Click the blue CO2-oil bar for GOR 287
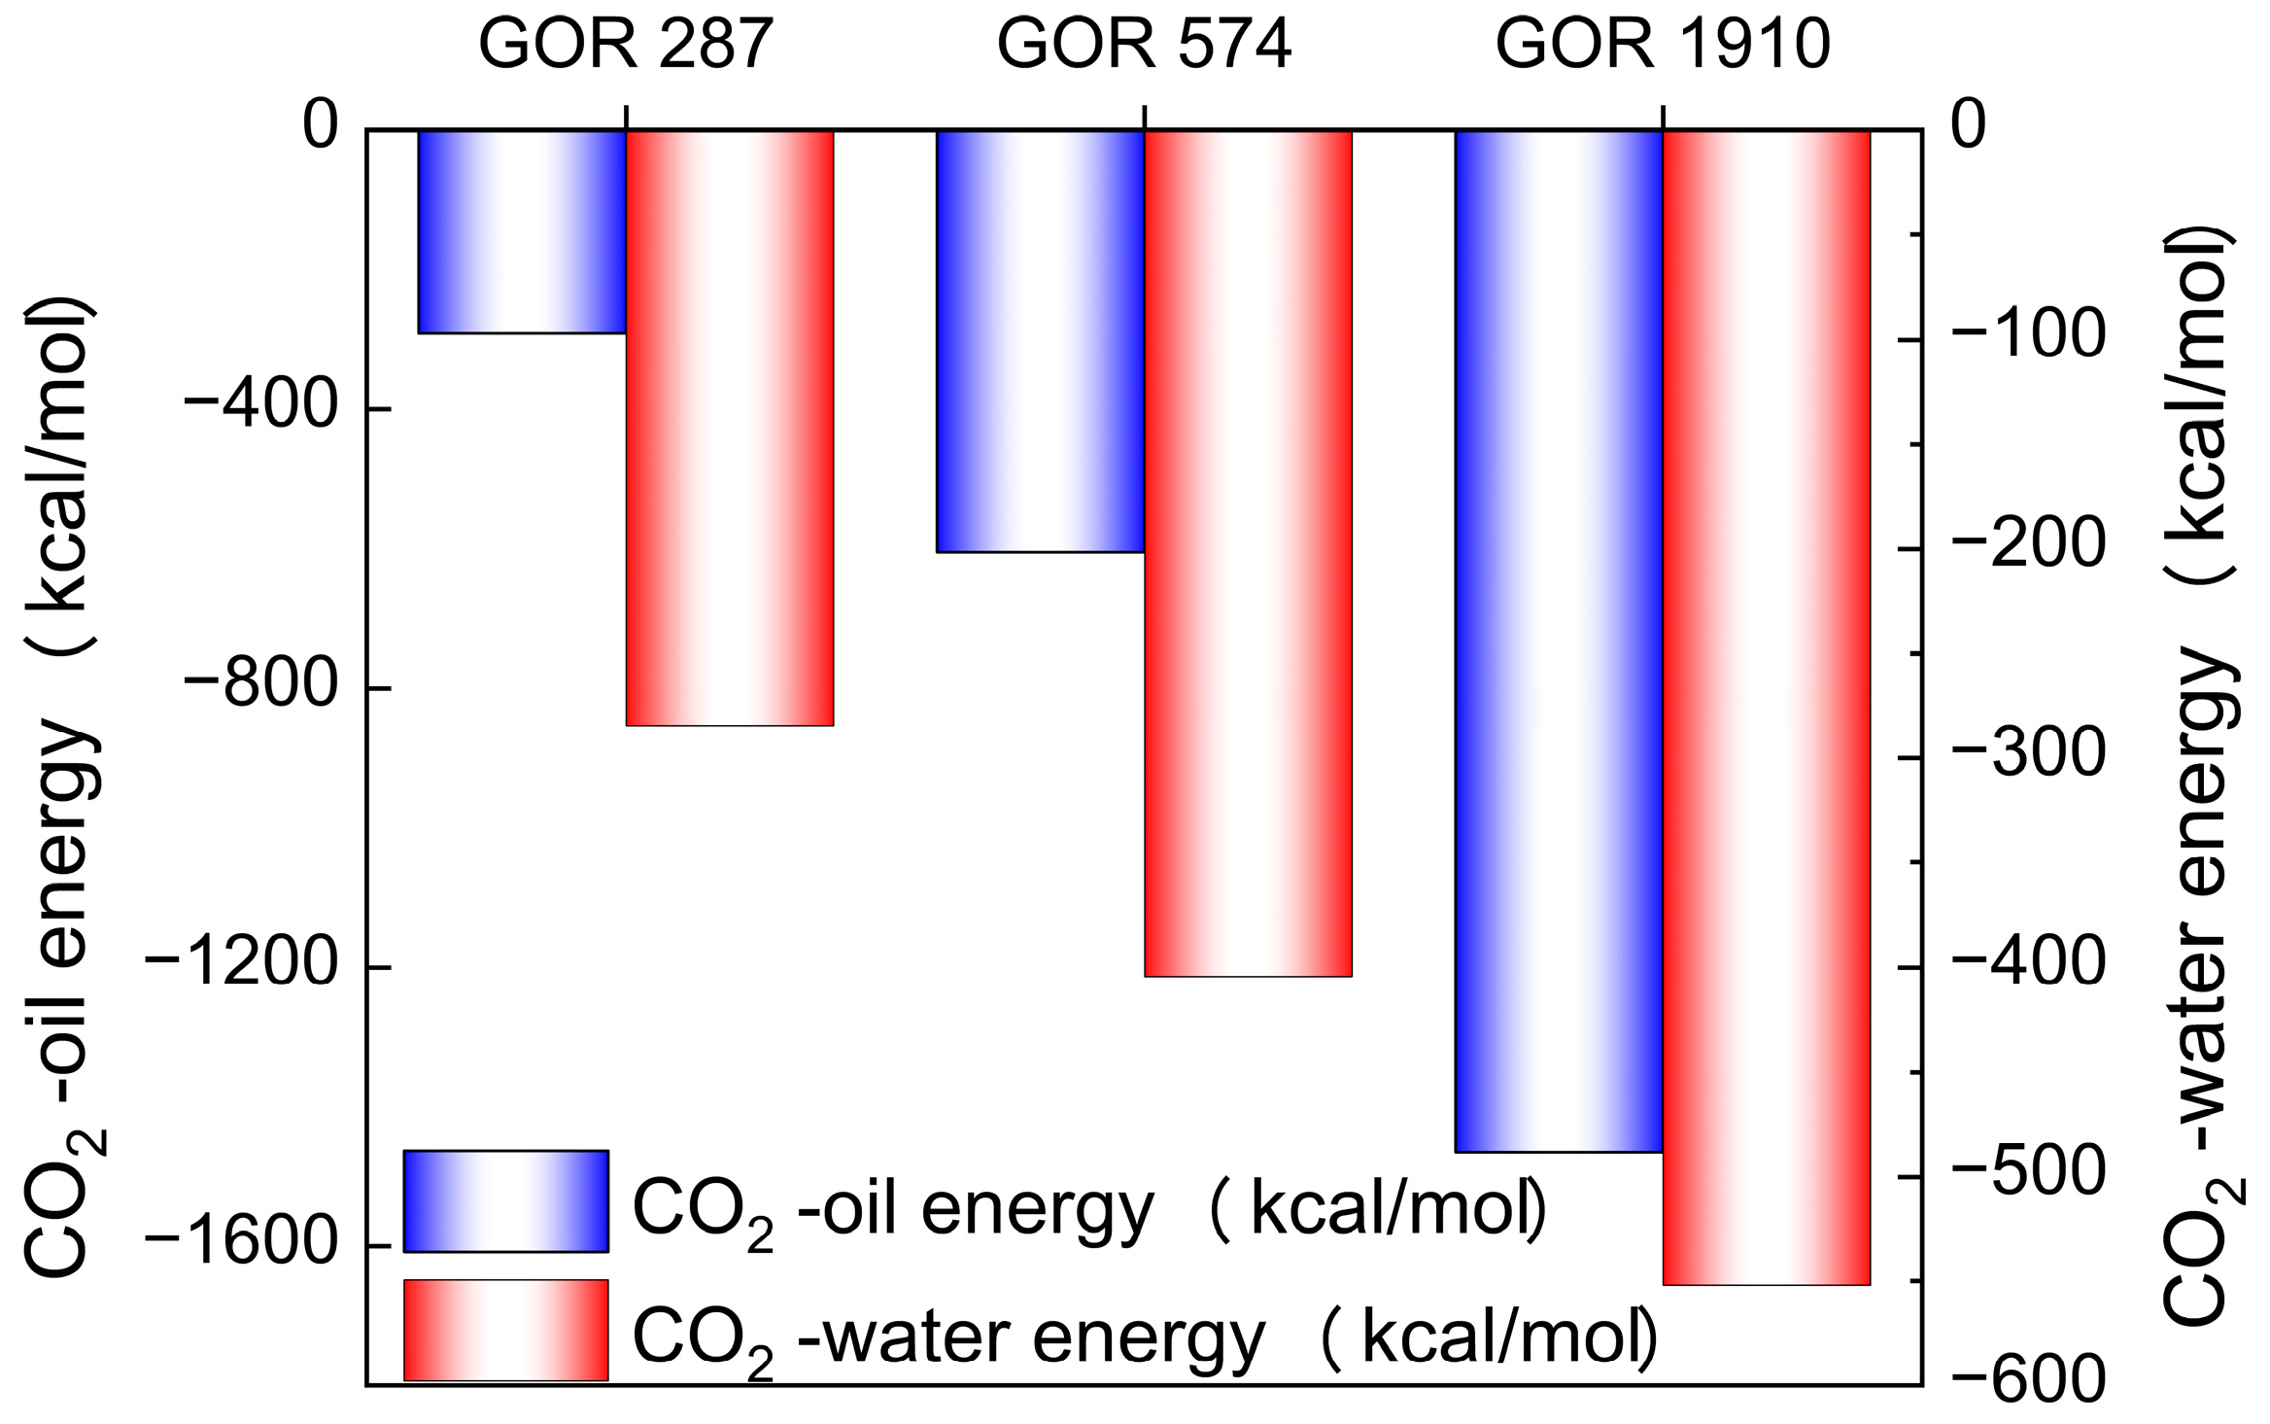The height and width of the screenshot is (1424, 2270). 522,231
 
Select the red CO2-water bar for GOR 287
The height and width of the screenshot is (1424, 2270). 730,428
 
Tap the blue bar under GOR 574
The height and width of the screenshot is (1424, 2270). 1040,340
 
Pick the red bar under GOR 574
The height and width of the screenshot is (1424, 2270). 1249,552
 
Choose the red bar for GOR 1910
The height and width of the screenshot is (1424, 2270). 1767,707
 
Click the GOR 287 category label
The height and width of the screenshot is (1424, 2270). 626,45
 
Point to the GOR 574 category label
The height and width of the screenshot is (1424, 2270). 1145,45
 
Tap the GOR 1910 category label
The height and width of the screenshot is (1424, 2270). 1663,45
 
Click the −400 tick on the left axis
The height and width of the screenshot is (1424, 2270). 259,407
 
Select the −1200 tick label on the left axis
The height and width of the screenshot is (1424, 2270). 241,966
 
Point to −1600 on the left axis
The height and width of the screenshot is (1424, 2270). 241,1245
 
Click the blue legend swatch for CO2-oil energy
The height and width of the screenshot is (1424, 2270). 505,1201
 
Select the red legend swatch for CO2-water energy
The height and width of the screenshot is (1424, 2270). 505,1330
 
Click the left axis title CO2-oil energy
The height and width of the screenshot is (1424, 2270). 60,787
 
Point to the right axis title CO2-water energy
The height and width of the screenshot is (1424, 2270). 2206,778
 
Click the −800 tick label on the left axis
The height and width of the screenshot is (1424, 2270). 259,686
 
